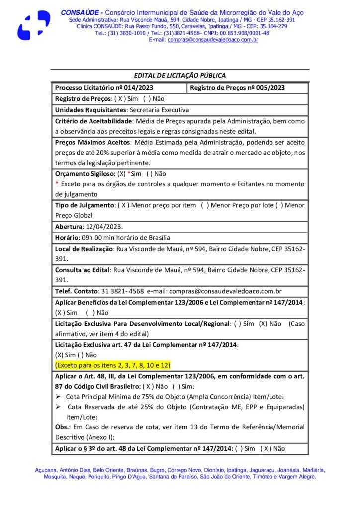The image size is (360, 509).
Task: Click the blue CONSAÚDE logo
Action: coord(34,25)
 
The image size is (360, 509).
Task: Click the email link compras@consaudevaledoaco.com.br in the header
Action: coord(213,40)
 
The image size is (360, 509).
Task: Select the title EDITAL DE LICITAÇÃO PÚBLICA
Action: coord(180,76)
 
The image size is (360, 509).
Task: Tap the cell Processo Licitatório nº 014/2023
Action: coord(97,88)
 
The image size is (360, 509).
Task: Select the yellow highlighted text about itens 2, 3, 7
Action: coord(113,364)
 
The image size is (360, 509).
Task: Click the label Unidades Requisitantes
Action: coord(90,110)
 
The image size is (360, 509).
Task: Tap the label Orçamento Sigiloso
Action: coord(85,174)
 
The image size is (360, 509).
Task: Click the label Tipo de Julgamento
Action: coord(85,205)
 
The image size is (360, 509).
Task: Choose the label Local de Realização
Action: coord(84,248)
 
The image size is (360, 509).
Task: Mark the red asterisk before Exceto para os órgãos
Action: coord(57,184)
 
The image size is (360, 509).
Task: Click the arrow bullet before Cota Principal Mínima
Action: coord(58,396)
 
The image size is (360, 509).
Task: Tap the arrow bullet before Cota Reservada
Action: coord(58,407)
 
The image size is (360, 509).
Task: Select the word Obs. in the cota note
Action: coord(62,427)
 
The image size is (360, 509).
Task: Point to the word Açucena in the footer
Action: coord(47,470)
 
